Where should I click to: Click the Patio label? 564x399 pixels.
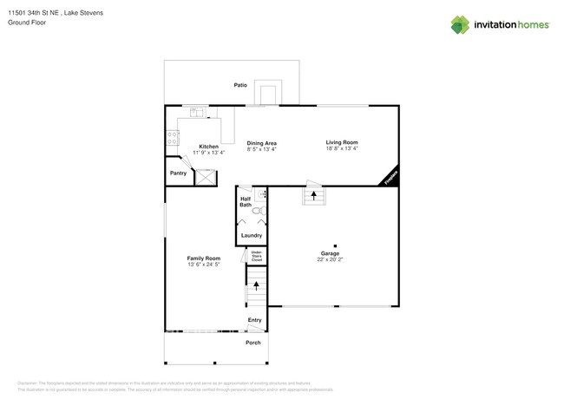tap(240, 85)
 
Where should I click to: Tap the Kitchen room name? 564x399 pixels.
tap(208, 147)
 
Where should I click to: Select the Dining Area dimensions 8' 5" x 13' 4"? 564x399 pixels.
tap(261, 149)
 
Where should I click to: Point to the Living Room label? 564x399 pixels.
tap(342, 142)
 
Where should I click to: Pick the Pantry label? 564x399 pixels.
tap(178, 173)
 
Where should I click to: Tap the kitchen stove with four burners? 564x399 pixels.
tap(172, 137)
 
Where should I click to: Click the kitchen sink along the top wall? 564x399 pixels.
tap(196, 111)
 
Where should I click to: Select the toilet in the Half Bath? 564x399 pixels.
tap(257, 210)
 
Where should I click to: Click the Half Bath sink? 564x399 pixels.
tap(264, 196)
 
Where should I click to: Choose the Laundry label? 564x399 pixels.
tap(252, 235)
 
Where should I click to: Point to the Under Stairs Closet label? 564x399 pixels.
tap(257, 257)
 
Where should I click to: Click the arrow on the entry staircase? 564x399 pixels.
tap(256, 285)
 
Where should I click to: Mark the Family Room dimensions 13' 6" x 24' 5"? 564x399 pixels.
tap(204, 264)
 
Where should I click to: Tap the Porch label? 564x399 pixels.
tap(253, 343)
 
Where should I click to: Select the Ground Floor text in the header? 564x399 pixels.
tap(27, 23)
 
